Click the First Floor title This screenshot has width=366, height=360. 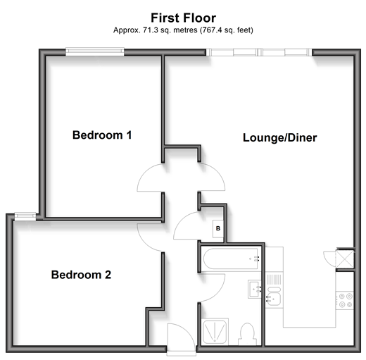pyautogui.click(x=183, y=18)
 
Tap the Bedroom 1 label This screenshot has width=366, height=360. pyautogui.click(x=102, y=135)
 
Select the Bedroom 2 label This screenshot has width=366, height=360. pyautogui.click(x=81, y=275)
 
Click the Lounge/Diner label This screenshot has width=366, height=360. pyautogui.click(x=279, y=137)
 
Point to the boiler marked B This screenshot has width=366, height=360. pyautogui.click(x=218, y=228)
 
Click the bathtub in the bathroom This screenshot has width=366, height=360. pyautogui.click(x=231, y=259)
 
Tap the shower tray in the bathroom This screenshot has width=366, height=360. pyautogui.click(x=215, y=332)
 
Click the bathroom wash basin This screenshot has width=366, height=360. pyautogui.click(x=255, y=290)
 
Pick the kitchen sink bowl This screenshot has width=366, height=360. pyautogui.click(x=273, y=299)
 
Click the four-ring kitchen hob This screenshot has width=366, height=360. pyautogui.click(x=345, y=301)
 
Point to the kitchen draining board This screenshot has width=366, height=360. pyautogui.click(x=274, y=280)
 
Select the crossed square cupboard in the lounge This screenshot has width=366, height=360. pyautogui.click(x=345, y=259)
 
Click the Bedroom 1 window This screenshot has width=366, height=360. pyautogui.click(x=95, y=52)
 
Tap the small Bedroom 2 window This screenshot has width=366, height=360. pyautogui.click(x=25, y=216)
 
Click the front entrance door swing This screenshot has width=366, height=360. pyautogui.click(x=182, y=337)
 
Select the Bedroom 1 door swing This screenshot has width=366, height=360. pyautogui.click(x=150, y=178)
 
